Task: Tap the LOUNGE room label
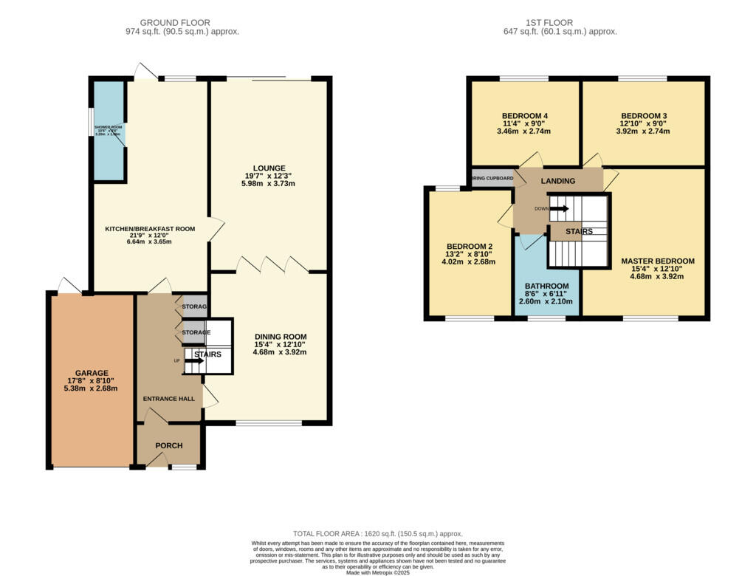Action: click(x=269, y=168)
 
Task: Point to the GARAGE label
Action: click(x=92, y=373)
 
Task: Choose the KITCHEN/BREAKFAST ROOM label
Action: click(x=150, y=229)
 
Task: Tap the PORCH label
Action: click(x=168, y=446)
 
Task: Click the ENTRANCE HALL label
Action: click(x=169, y=399)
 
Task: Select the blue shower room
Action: click(x=109, y=131)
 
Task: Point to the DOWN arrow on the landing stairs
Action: click(x=559, y=208)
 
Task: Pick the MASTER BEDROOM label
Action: click(x=657, y=261)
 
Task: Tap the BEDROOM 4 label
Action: click(x=525, y=116)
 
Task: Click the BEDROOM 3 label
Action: click(x=644, y=116)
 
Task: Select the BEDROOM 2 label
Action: click(x=469, y=247)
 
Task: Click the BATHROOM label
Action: click(x=546, y=286)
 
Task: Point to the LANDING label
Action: click(x=557, y=181)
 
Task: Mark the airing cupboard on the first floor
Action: click(x=492, y=178)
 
